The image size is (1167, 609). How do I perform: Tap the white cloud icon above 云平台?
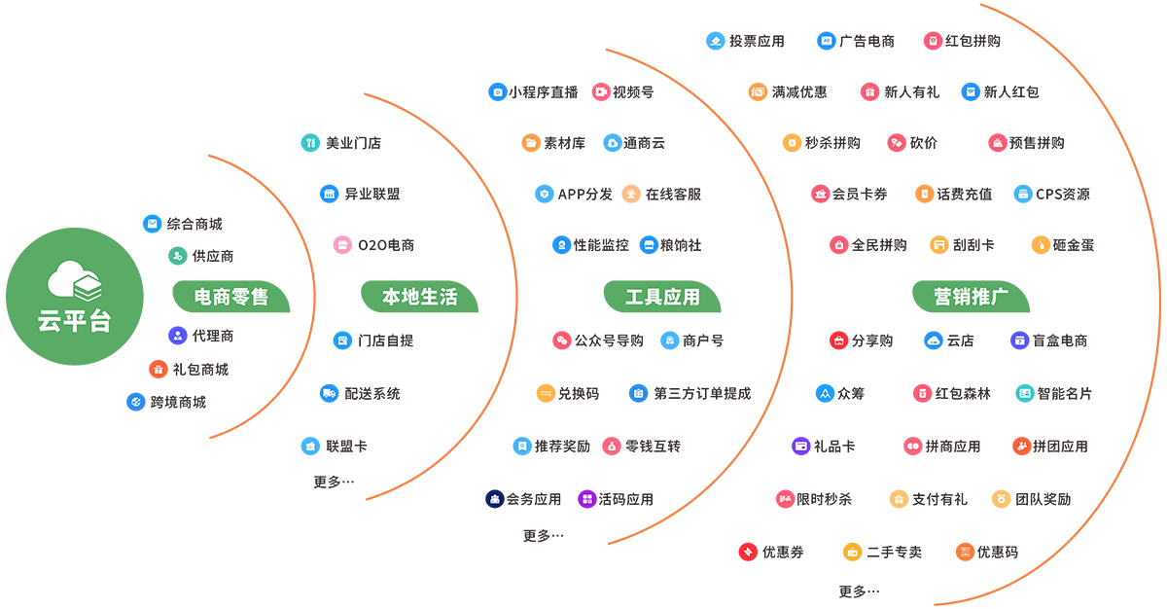click(x=75, y=280)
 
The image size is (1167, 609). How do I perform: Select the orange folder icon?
click(x=531, y=143)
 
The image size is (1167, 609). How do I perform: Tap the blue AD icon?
click(x=827, y=41)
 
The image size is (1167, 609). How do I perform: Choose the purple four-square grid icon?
click(x=586, y=499)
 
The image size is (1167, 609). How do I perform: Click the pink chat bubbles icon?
click(x=562, y=340)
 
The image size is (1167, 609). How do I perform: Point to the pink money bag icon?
click(x=613, y=446)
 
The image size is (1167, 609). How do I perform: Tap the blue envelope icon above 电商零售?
click(x=152, y=224)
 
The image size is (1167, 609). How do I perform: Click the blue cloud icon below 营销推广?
click(x=932, y=340)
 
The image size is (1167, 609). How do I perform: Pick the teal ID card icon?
click(x=1025, y=393)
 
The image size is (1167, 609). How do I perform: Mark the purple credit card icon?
click(x=801, y=446)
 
